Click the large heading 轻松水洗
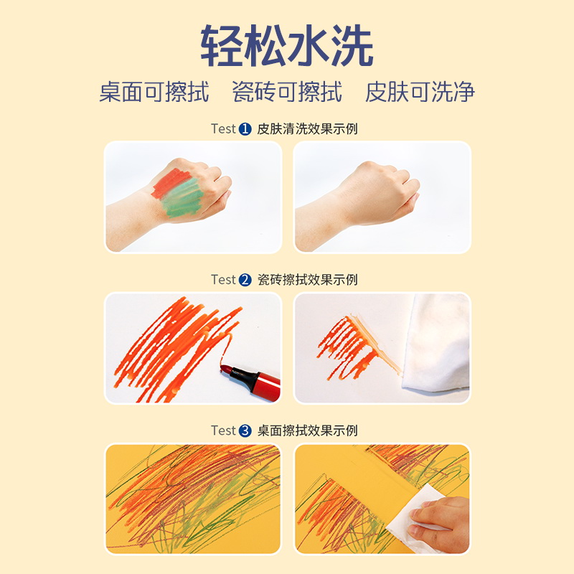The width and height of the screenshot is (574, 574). coord(286,46)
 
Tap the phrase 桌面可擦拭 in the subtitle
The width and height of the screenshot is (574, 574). coord(154,92)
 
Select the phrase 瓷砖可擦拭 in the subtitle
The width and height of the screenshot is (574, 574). coord(287,92)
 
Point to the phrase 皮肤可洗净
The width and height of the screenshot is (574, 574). coord(420,92)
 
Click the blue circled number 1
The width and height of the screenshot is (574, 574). coord(245,129)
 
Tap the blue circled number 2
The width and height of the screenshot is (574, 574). coord(245,280)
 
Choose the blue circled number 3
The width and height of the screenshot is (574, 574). coord(245,431)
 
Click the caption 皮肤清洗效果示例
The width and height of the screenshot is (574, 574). coord(307,129)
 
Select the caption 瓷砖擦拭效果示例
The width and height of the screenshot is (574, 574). coord(307,280)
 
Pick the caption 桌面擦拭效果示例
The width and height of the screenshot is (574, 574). coord(307,431)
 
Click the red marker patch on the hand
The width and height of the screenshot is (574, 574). coord(169,183)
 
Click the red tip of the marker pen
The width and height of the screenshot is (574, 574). coord(226,369)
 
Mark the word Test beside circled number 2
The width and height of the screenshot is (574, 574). coord(223,280)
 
